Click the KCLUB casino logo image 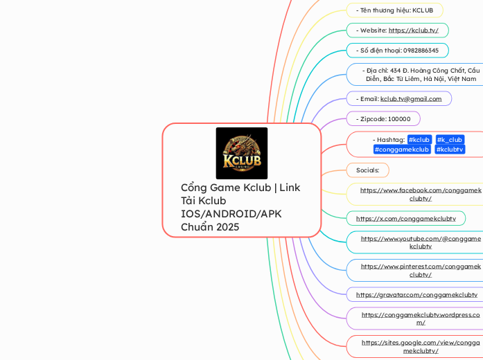(241, 153)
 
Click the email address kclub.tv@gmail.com (411, 99)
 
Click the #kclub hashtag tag (420, 140)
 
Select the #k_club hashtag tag (450, 140)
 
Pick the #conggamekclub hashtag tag (402, 150)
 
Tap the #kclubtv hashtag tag (450, 150)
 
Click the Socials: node (367, 170)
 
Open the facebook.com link (421, 194)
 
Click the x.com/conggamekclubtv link (405, 218)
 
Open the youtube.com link (421, 242)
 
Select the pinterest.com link (421, 270)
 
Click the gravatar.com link (416, 294)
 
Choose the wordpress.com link (421, 318)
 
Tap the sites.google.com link (421, 346)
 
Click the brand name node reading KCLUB (394, 10)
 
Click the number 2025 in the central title (226, 226)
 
